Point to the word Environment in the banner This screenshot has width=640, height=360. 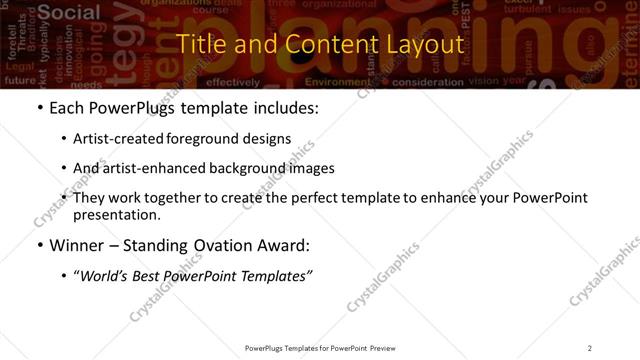[338, 82]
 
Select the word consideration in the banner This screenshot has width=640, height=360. [429, 82]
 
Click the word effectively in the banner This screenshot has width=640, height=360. [233, 82]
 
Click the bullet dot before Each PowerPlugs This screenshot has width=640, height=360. [39, 107]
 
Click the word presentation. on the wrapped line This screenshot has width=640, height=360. [116, 214]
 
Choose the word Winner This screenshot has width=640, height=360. [77, 244]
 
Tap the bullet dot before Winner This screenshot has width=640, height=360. [39, 244]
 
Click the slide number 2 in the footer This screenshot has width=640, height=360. [590, 347]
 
